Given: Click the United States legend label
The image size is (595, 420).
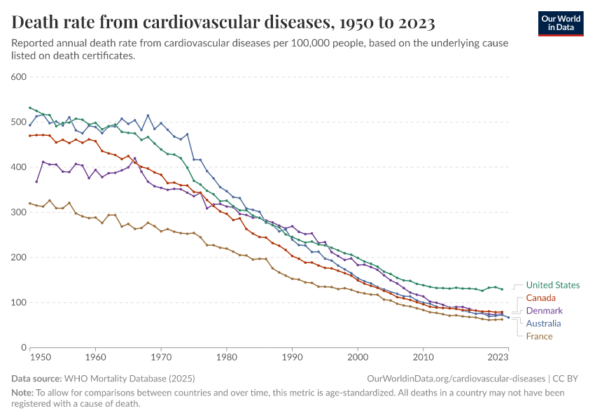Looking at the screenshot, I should pyautogui.click(x=552, y=285).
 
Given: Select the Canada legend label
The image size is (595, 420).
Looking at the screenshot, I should pyautogui.click(x=541, y=298).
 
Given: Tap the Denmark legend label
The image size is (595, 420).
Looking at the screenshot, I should pyautogui.click(x=544, y=311).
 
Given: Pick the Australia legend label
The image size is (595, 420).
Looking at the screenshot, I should pyautogui.click(x=544, y=323).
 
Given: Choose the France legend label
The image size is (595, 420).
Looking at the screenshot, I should pyautogui.click(x=539, y=336).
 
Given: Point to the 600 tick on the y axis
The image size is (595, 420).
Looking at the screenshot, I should pyautogui.click(x=19, y=76).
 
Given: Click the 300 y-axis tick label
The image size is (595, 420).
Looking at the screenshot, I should pyautogui.click(x=19, y=212).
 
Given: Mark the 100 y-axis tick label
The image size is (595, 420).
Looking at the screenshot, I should pyautogui.click(x=19, y=302).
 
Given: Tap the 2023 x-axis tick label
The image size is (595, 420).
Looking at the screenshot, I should pyautogui.click(x=498, y=358).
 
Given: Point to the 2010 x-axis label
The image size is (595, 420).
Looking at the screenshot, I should pyautogui.click(x=423, y=358).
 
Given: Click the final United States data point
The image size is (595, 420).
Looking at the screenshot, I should pyautogui.click(x=502, y=289).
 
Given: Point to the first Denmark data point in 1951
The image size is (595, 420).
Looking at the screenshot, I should pyautogui.click(x=36, y=181).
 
